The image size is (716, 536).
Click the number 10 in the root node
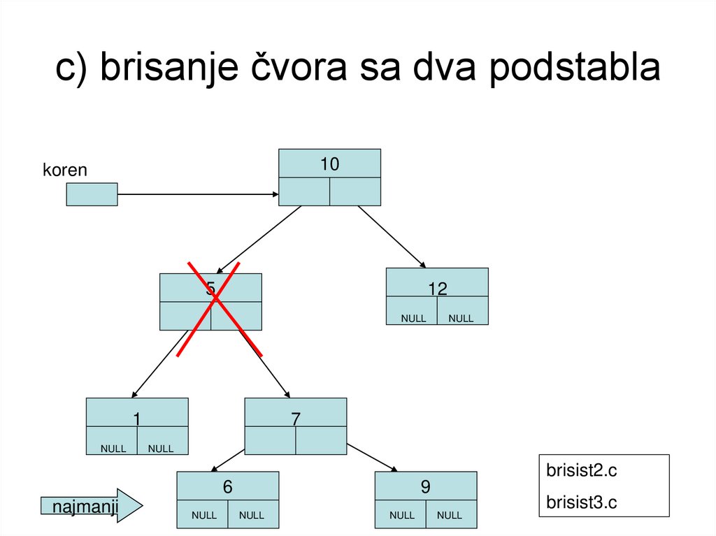click(329, 164)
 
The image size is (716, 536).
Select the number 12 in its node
click(438, 289)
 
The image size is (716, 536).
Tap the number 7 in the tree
click(296, 419)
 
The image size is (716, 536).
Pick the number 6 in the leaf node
click(227, 488)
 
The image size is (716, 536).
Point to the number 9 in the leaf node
click(426, 488)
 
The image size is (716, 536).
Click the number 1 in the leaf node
click(137, 419)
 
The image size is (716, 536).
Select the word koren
click(65, 170)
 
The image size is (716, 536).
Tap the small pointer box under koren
click(92, 194)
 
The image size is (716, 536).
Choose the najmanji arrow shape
click(91, 505)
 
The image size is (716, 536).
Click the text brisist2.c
click(582, 471)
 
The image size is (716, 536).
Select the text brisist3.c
click(582, 502)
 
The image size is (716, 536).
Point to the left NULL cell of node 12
click(413, 319)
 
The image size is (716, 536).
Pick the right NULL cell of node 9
click(450, 516)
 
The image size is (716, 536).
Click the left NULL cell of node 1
click(113, 449)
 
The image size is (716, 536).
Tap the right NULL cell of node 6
click(252, 516)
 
